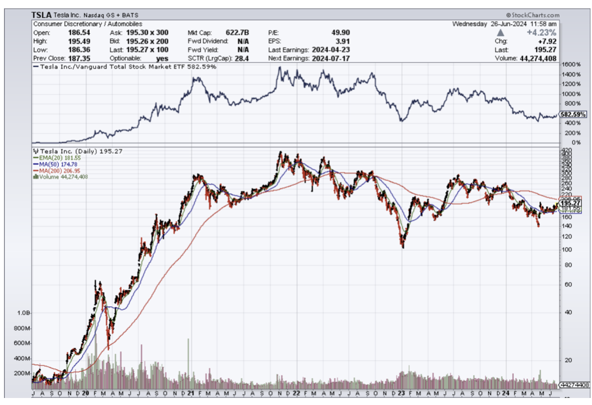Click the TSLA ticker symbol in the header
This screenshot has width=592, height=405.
(41, 16)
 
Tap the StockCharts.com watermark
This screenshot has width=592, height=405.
(533, 16)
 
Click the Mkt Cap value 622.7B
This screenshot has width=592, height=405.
(238, 32)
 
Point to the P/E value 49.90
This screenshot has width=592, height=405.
(340, 32)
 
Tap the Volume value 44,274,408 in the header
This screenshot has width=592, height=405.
(537, 58)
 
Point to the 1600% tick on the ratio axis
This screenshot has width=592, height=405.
(571, 65)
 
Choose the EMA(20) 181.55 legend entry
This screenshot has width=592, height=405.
(55, 158)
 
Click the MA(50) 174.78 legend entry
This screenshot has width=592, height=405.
(55, 164)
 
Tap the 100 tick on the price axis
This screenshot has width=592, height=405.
(566, 249)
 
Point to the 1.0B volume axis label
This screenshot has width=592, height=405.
(24, 313)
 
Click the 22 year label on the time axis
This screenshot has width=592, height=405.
(296, 393)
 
